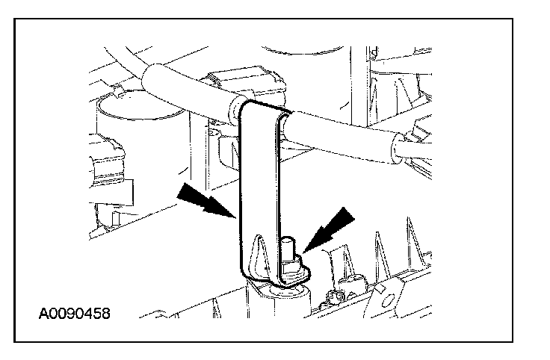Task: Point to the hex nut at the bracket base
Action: click(291, 267)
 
